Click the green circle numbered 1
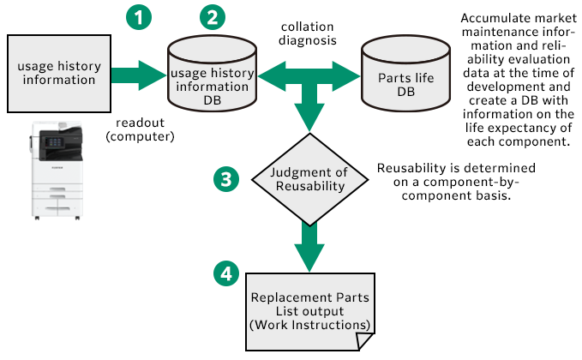click(137, 17)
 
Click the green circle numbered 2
click(212, 17)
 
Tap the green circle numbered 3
click(225, 178)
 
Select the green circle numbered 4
click(225, 273)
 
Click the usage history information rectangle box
click(59, 73)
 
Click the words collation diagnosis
click(307, 33)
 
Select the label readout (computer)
click(140, 129)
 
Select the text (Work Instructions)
click(310, 326)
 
